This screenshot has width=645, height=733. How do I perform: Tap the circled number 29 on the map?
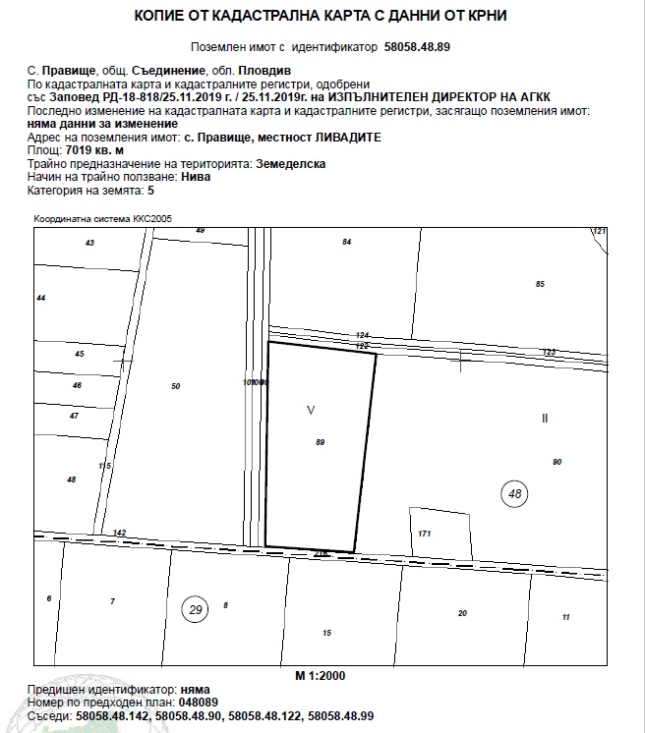[195, 610]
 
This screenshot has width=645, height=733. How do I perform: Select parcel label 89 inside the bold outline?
[320, 443]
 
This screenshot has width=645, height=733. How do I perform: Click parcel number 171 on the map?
[425, 534]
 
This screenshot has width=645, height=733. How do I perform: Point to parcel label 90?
[557, 462]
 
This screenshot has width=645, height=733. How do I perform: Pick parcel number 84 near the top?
[346, 242]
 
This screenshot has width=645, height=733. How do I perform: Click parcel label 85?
[540, 284]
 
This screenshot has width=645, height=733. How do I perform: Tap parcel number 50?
[175, 386]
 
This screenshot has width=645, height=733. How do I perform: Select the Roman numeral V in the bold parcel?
[311, 409]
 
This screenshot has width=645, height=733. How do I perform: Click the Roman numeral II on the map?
[545, 418]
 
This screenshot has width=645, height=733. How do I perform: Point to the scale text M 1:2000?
[321, 676]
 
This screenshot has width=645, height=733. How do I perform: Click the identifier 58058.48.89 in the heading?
[420, 46]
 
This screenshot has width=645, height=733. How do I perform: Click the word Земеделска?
[290, 164]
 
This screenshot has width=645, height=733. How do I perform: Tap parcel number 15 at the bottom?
[326, 632]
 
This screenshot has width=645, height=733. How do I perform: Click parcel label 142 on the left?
[119, 533]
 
